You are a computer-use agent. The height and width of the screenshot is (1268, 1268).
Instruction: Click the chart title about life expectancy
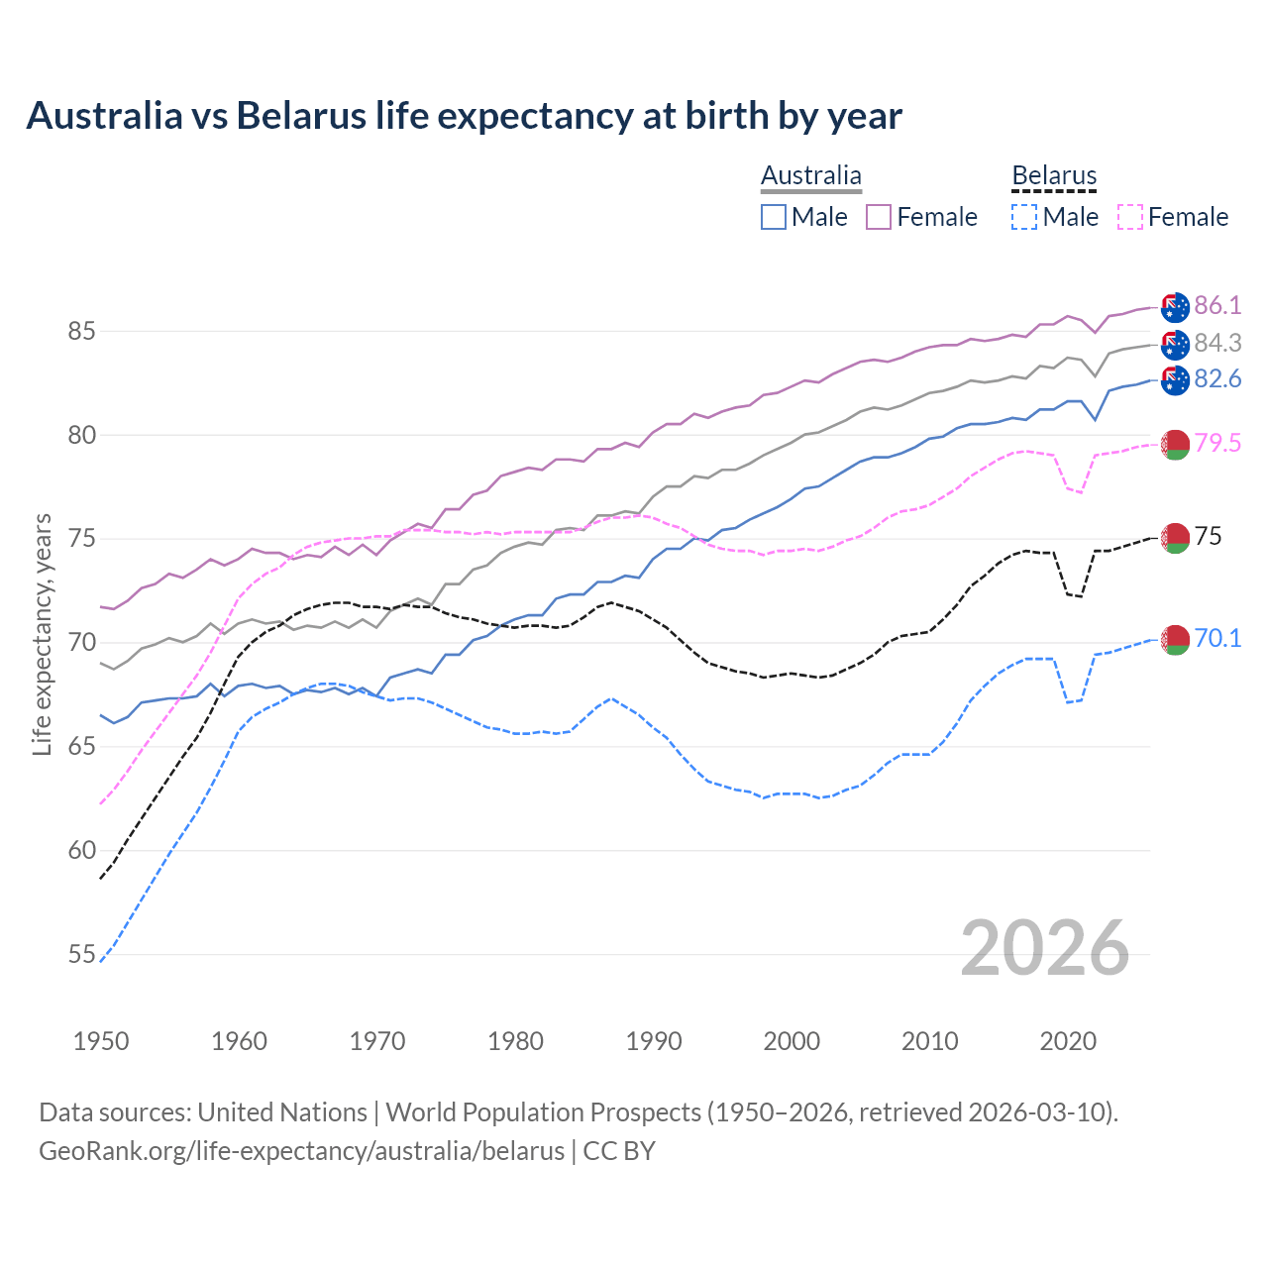[x=464, y=116]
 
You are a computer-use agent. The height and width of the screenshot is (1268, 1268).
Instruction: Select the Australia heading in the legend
[x=811, y=176]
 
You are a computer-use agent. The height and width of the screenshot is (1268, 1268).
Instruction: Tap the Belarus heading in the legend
[x=1054, y=176]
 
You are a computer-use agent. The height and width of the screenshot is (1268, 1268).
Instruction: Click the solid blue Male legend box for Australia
[x=774, y=217]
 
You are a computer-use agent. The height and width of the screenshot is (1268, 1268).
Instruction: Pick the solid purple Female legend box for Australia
[x=879, y=217]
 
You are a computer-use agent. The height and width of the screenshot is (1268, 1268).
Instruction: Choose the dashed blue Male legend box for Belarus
[x=1024, y=217]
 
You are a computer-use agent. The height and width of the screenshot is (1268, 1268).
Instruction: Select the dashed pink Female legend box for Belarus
[x=1130, y=217]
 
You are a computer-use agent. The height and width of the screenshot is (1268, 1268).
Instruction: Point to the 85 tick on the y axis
[x=81, y=331]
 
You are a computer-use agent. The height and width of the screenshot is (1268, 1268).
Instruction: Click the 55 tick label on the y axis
[x=81, y=954]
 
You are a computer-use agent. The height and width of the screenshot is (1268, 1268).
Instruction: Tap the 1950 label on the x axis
[x=101, y=1041]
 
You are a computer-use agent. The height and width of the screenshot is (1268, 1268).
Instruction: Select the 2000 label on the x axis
[x=792, y=1041]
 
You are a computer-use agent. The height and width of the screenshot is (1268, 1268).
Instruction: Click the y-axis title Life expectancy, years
[x=42, y=635]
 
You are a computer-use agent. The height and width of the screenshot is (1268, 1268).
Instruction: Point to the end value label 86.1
[x=1217, y=305]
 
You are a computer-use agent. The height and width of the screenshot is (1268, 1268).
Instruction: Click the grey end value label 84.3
[x=1217, y=343]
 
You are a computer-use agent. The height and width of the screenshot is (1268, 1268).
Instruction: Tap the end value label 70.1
[x=1217, y=639]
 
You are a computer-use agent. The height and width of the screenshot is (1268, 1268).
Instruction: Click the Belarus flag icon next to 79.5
[x=1175, y=445]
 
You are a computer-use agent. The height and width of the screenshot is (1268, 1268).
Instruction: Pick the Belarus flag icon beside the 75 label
[x=1175, y=538]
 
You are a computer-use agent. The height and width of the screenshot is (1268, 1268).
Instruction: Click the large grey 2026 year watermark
[x=1045, y=948]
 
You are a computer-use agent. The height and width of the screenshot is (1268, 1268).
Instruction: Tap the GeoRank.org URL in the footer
[x=301, y=1151]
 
